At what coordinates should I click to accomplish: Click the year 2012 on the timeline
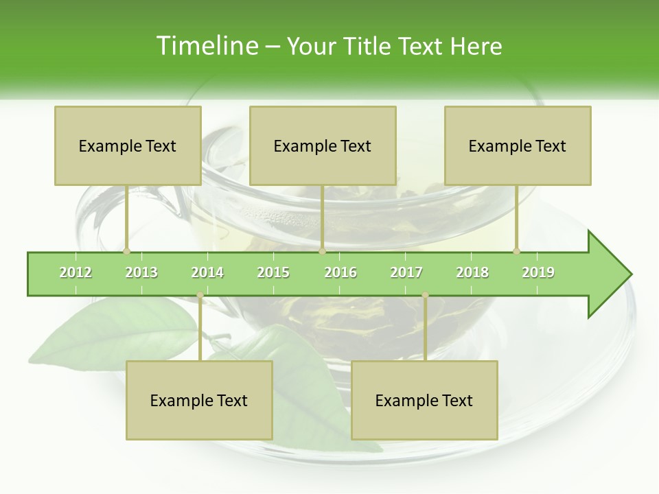(x=76, y=272)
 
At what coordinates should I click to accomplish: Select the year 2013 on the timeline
(x=141, y=272)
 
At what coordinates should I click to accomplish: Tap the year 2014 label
(x=207, y=272)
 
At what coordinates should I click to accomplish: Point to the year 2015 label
(x=273, y=272)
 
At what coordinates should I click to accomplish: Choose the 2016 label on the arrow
(x=340, y=272)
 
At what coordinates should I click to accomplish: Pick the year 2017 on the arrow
(x=406, y=272)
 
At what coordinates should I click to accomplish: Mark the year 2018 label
(x=472, y=272)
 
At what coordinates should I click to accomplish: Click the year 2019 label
(x=538, y=272)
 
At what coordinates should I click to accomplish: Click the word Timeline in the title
(x=206, y=46)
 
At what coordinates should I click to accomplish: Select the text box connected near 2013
(x=128, y=145)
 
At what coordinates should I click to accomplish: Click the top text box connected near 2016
(x=323, y=145)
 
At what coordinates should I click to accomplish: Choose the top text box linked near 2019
(x=518, y=145)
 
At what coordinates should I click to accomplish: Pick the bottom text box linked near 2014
(x=199, y=400)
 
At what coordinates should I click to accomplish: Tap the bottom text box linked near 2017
(x=424, y=400)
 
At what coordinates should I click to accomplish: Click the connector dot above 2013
(x=126, y=251)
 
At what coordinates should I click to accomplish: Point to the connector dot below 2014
(x=200, y=295)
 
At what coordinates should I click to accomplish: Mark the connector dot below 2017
(x=425, y=295)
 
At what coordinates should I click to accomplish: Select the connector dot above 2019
(x=516, y=251)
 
